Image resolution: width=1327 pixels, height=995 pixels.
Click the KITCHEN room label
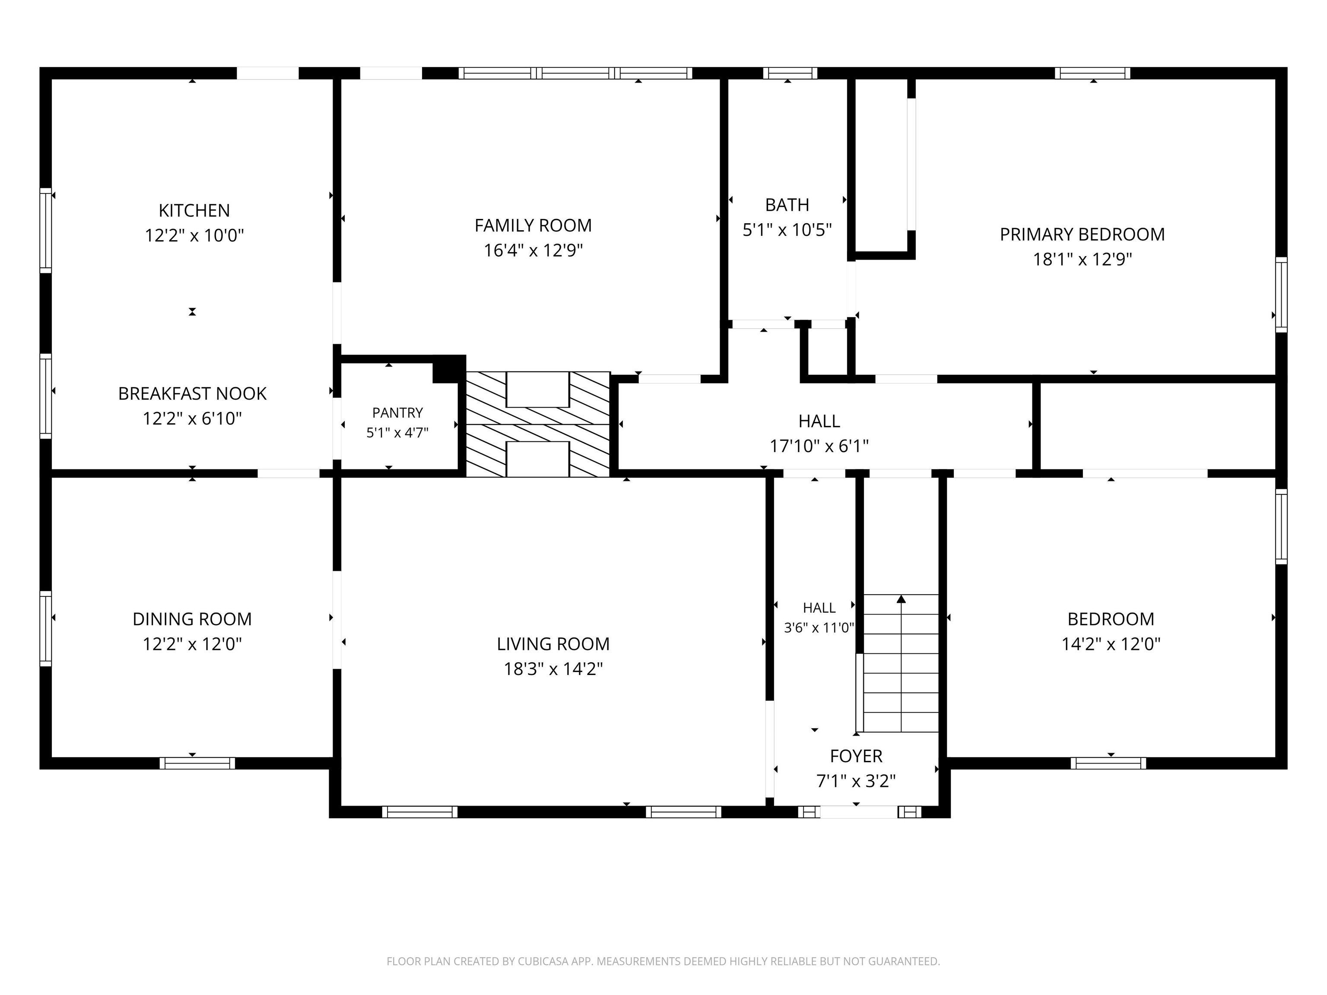point(194,210)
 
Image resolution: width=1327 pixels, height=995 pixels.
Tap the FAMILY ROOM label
point(533,225)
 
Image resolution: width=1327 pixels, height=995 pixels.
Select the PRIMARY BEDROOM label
point(1082,234)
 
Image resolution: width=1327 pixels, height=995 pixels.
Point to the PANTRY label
point(397,412)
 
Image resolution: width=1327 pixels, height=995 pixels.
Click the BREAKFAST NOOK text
point(192,393)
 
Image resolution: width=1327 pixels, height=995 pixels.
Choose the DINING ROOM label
point(192,619)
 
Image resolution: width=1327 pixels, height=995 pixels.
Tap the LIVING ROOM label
point(553,644)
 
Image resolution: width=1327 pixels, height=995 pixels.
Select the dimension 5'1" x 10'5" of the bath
point(787,230)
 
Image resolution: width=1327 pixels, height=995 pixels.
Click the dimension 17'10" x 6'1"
point(819,446)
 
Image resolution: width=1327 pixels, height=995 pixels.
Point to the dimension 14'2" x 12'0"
point(1111,644)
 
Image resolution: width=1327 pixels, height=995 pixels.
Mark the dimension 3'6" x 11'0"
point(819,628)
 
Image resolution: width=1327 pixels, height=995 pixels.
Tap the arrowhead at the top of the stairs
point(901,599)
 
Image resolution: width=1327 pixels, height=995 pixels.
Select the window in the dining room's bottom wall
point(197,764)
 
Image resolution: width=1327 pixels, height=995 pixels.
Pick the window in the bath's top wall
point(790,73)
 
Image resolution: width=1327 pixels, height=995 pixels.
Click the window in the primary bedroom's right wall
point(1281,295)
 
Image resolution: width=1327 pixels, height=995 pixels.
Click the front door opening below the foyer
point(859,812)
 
